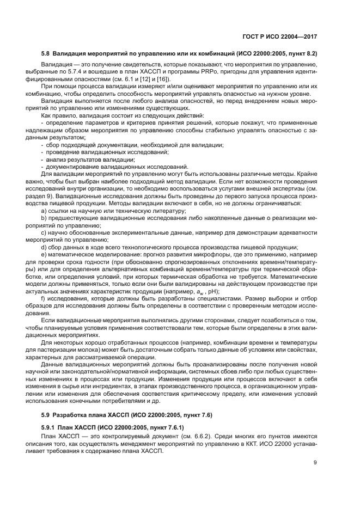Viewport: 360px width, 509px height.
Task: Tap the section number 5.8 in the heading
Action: (x=45, y=53)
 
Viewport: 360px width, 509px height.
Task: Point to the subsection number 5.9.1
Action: (x=48, y=427)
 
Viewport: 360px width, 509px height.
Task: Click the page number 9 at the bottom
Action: (x=315, y=464)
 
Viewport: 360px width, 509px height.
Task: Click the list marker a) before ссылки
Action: (x=44, y=211)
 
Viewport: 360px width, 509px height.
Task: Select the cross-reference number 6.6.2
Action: (x=216, y=437)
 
